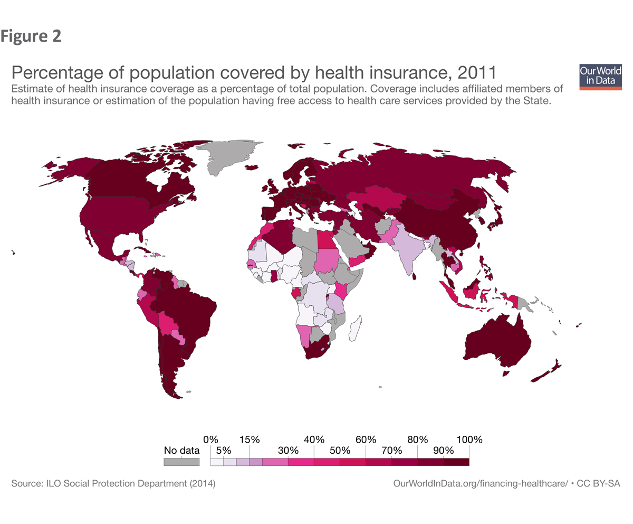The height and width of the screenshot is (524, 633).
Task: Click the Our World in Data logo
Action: click(x=600, y=77)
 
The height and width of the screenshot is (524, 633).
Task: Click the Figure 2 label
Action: click(x=31, y=36)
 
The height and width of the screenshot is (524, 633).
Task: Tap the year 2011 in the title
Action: click(x=477, y=73)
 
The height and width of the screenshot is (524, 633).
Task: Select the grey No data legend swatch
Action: click(x=181, y=462)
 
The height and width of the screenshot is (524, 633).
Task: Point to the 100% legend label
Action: click(x=469, y=439)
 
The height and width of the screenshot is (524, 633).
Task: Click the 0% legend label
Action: click(x=210, y=439)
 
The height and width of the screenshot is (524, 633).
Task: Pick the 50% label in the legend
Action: click(x=340, y=451)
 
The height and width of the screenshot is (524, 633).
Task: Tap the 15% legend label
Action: click(x=249, y=439)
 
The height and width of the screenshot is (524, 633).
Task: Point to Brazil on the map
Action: click(x=187, y=312)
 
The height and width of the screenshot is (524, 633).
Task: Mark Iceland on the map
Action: click(x=252, y=167)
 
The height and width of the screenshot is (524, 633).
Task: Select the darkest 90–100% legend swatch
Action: click(x=456, y=462)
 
